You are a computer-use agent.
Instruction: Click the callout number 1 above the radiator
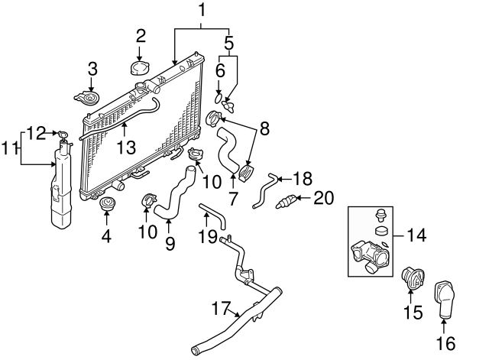point(202,11)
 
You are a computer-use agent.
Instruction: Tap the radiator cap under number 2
point(141,68)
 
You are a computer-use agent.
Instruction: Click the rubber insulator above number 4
point(108,205)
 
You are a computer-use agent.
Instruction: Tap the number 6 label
point(219,70)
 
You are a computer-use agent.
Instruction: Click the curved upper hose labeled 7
point(228,150)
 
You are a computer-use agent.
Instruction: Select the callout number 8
point(264,130)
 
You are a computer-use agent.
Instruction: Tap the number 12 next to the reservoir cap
point(35,133)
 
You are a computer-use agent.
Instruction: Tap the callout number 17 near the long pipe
point(221,310)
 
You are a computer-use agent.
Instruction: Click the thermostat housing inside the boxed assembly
point(371,255)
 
